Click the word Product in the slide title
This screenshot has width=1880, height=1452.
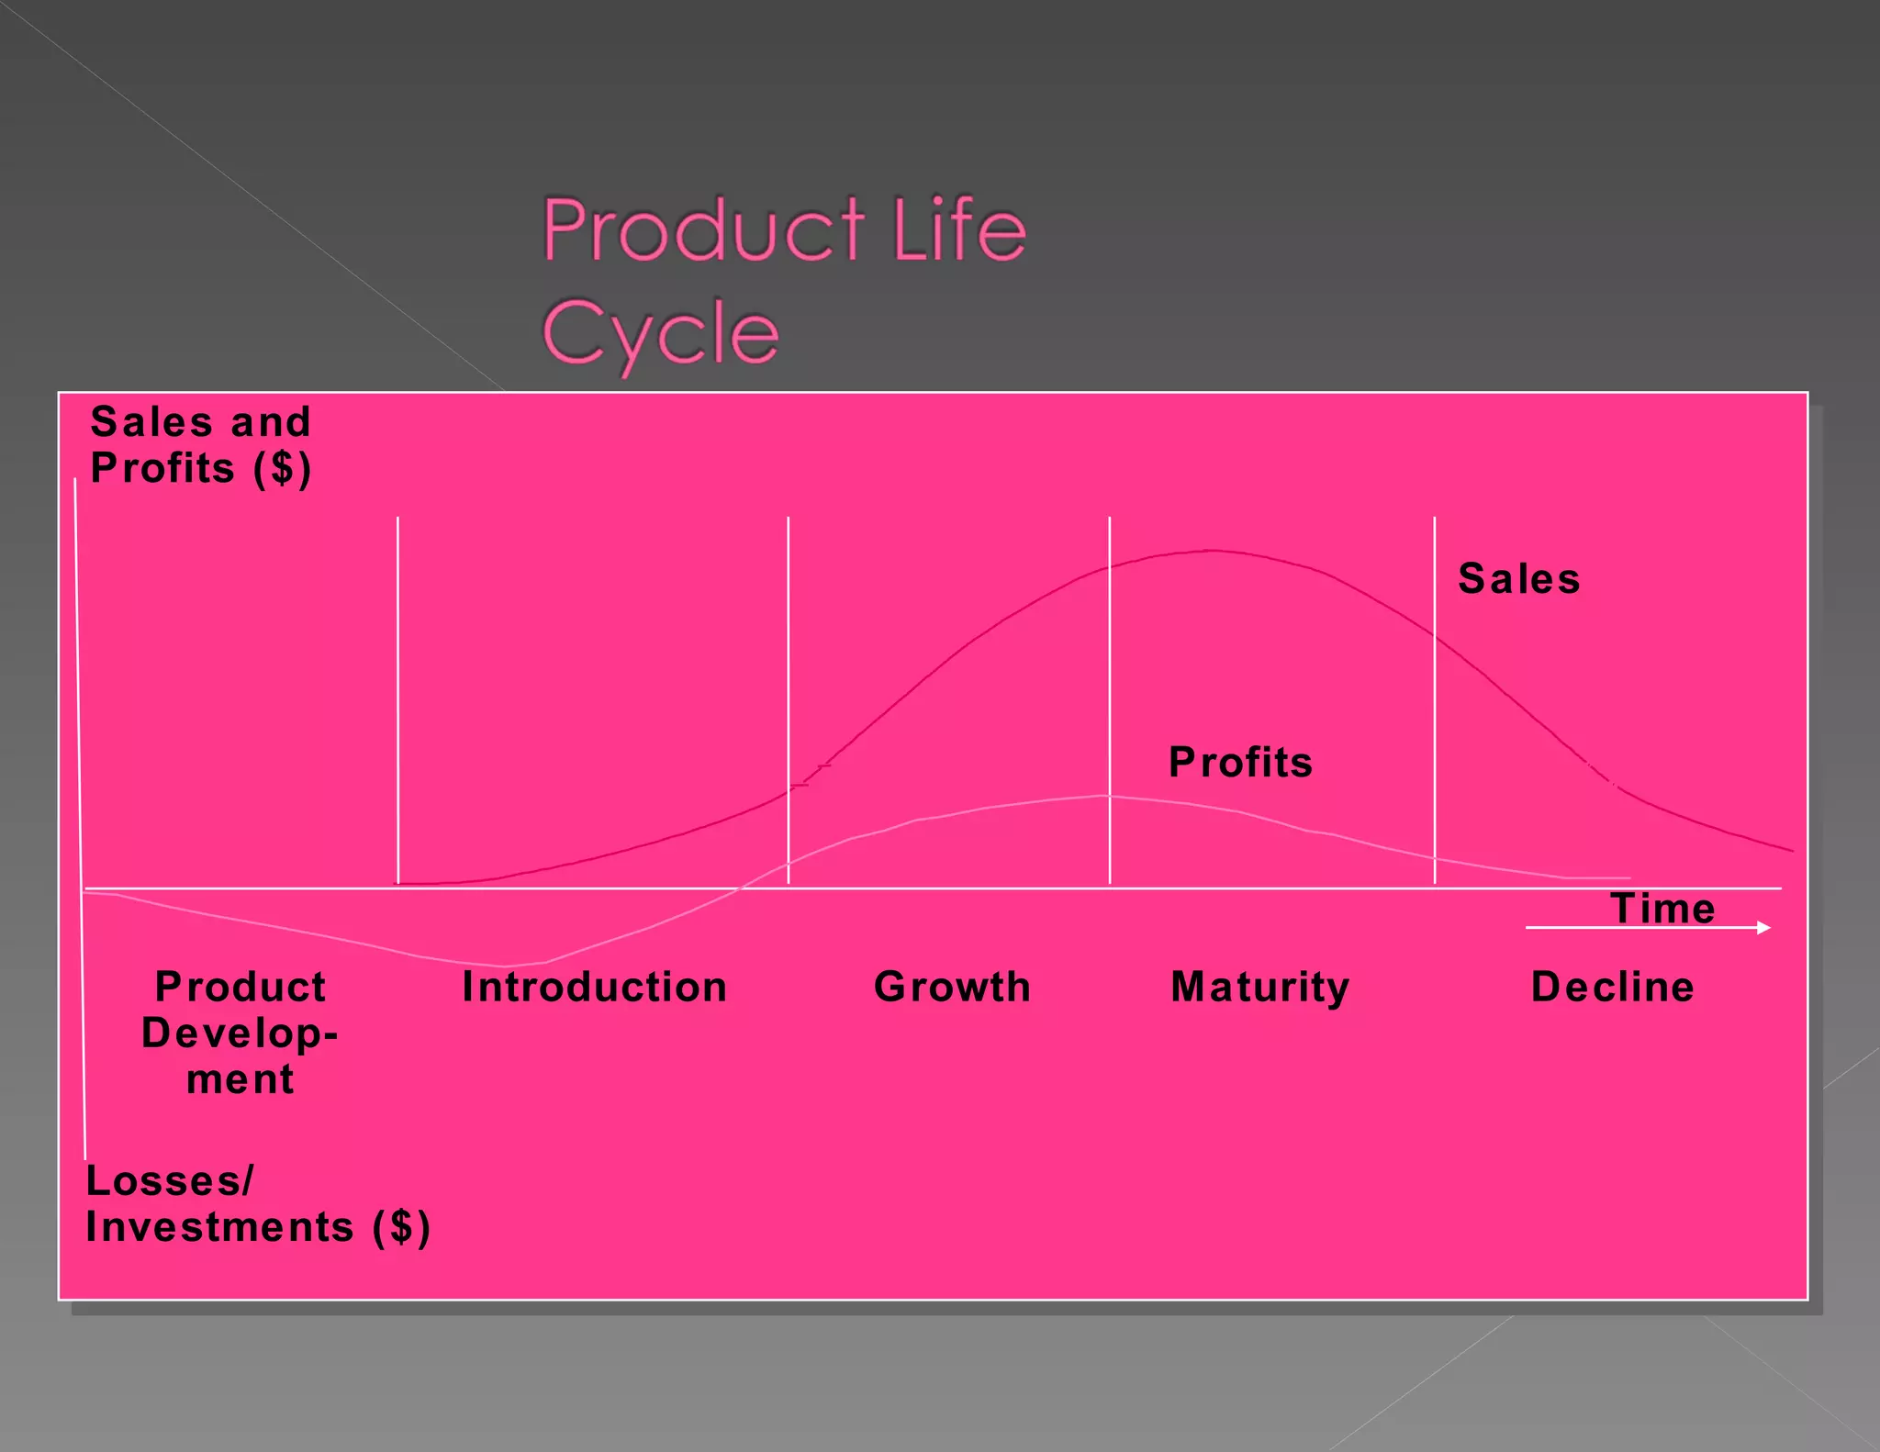pyautogui.click(x=702, y=229)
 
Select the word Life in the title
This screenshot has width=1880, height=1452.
pyautogui.click(x=958, y=229)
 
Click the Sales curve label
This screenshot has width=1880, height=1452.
pyautogui.click(x=1519, y=579)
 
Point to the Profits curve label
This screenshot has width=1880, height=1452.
pyautogui.click(x=1240, y=763)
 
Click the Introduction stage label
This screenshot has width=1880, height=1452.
pyautogui.click(x=595, y=988)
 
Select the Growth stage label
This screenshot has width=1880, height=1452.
pyautogui.click(x=952, y=988)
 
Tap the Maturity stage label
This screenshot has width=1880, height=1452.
pyautogui.click(x=1259, y=988)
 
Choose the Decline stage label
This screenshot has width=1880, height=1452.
pyautogui.click(x=1612, y=988)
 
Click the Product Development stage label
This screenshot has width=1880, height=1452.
pyautogui.click(x=240, y=1033)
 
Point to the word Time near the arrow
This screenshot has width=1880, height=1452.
pyautogui.click(x=1662, y=909)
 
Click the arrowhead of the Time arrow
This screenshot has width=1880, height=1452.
pyautogui.click(x=1763, y=928)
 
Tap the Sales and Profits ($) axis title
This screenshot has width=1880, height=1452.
pyautogui.click(x=201, y=445)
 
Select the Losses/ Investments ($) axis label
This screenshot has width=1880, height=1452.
pyautogui.click(x=257, y=1204)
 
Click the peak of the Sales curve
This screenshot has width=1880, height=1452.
pyautogui.click(x=1212, y=551)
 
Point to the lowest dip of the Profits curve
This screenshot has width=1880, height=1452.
pyautogui.click(x=505, y=966)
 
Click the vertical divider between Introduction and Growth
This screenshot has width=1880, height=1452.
pyautogui.click(x=789, y=698)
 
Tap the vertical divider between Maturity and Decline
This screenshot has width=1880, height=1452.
pyautogui.click(x=1435, y=698)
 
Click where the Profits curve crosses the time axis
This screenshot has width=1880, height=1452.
pyautogui.click(x=742, y=888)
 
